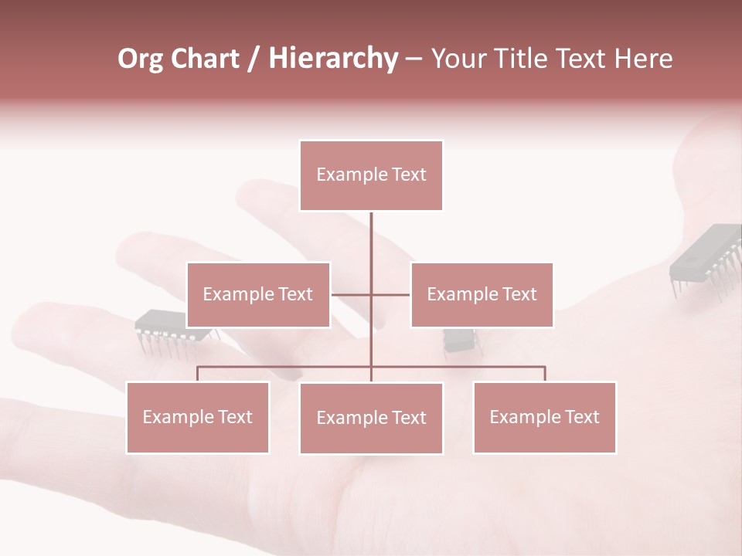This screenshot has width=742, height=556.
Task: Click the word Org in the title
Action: (140, 59)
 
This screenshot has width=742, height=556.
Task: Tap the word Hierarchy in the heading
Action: (333, 59)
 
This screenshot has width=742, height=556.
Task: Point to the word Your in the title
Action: (455, 59)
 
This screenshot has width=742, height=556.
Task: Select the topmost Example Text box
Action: (371, 175)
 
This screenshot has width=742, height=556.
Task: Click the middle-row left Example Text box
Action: (258, 294)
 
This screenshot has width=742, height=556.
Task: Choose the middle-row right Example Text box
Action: (482, 294)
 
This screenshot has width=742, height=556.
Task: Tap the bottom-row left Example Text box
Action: (198, 417)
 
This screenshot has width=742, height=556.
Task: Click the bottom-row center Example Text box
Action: (371, 418)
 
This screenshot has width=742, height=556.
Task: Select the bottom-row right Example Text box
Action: (544, 417)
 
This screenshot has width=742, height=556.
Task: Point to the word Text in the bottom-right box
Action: (581, 417)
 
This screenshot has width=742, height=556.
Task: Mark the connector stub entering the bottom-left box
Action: (198, 374)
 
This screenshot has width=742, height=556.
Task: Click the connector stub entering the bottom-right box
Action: (545, 374)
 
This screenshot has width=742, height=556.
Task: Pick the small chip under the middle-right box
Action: (458, 339)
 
